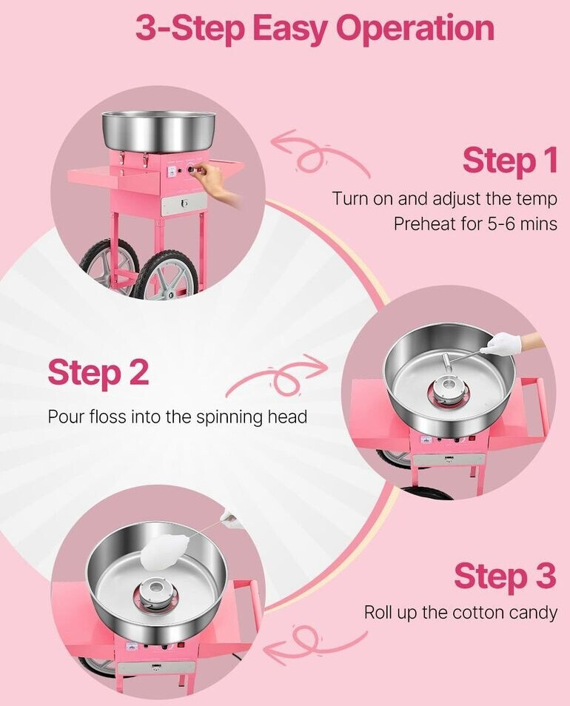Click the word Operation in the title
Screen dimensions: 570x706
coord(415,29)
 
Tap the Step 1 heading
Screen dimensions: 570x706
coord(510,161)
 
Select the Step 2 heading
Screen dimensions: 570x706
coord(98,372)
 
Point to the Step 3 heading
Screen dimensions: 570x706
coord(505,575)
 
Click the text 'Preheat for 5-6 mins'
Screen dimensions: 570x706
coord(475,223)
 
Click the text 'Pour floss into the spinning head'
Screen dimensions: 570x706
coord(178,417)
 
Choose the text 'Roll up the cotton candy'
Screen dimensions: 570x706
coord(460,613)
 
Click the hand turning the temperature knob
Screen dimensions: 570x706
coord(218,184)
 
